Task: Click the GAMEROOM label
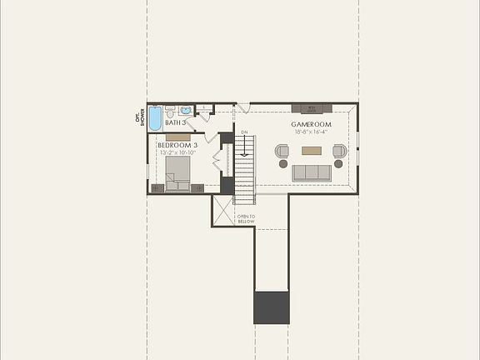[x=317, y=124]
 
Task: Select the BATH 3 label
[x=176, y=122]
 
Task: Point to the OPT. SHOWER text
[x=140, y=117]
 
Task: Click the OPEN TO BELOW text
[x=246, y=219]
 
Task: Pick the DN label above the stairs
[x=244, y=132]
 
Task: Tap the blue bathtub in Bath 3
[x=155, y=117]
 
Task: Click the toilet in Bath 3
[x=170, y=111]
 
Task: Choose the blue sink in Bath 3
[x=186, y=110]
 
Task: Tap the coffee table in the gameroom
[x=312, y=151]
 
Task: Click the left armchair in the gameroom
[x=282, y=152]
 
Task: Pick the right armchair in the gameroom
[x=340, y=152]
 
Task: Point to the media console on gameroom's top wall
[x=312, y=107]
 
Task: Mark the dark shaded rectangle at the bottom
[x=271, y=307]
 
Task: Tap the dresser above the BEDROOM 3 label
[x=177, y=137]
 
